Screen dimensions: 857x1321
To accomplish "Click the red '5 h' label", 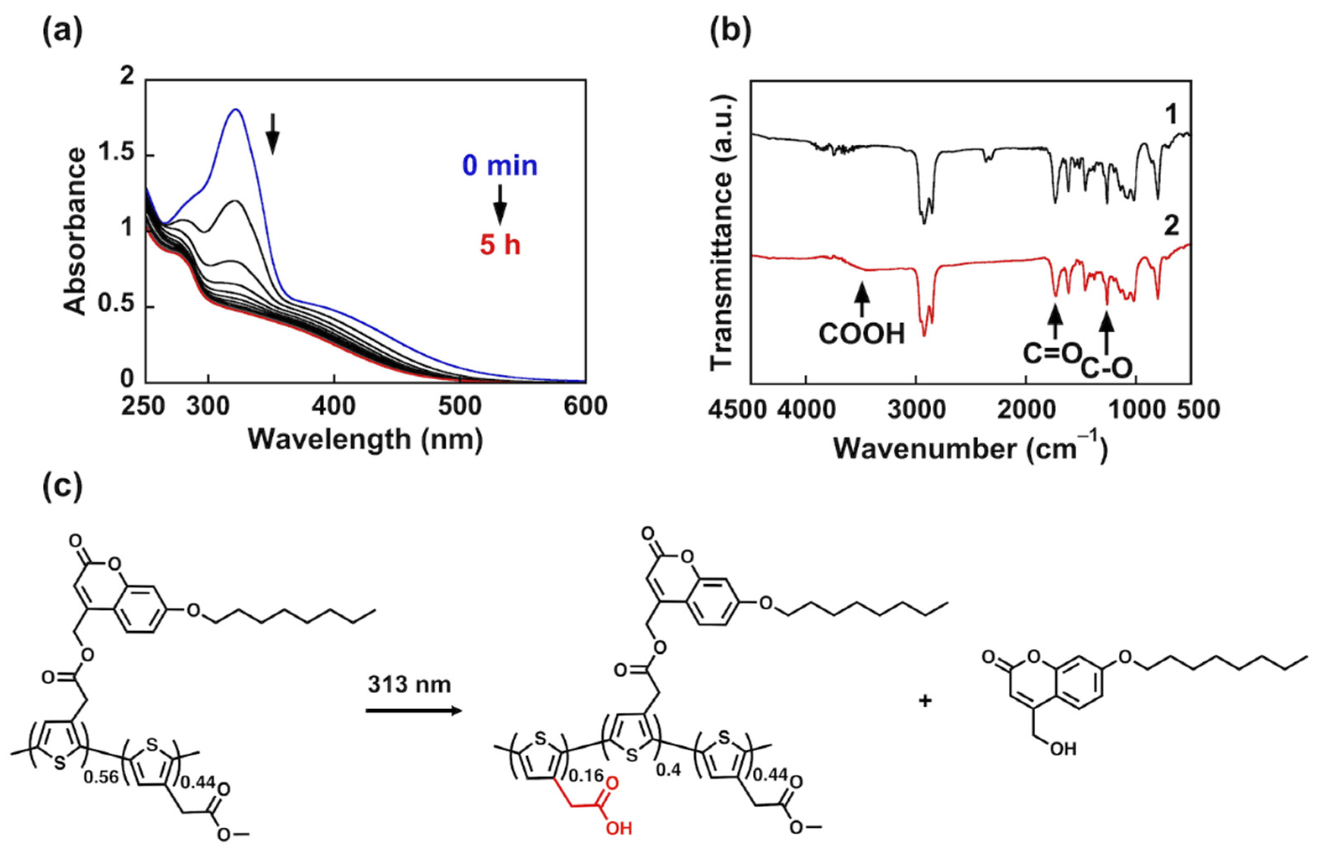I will click(500, 245).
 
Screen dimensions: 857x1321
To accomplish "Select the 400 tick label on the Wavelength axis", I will click(334, 406).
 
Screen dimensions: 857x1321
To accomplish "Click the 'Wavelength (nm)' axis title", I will click(365, 439).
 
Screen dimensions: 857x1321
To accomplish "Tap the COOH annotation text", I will click(862, 334).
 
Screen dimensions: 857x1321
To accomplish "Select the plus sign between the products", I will click(925, 701).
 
